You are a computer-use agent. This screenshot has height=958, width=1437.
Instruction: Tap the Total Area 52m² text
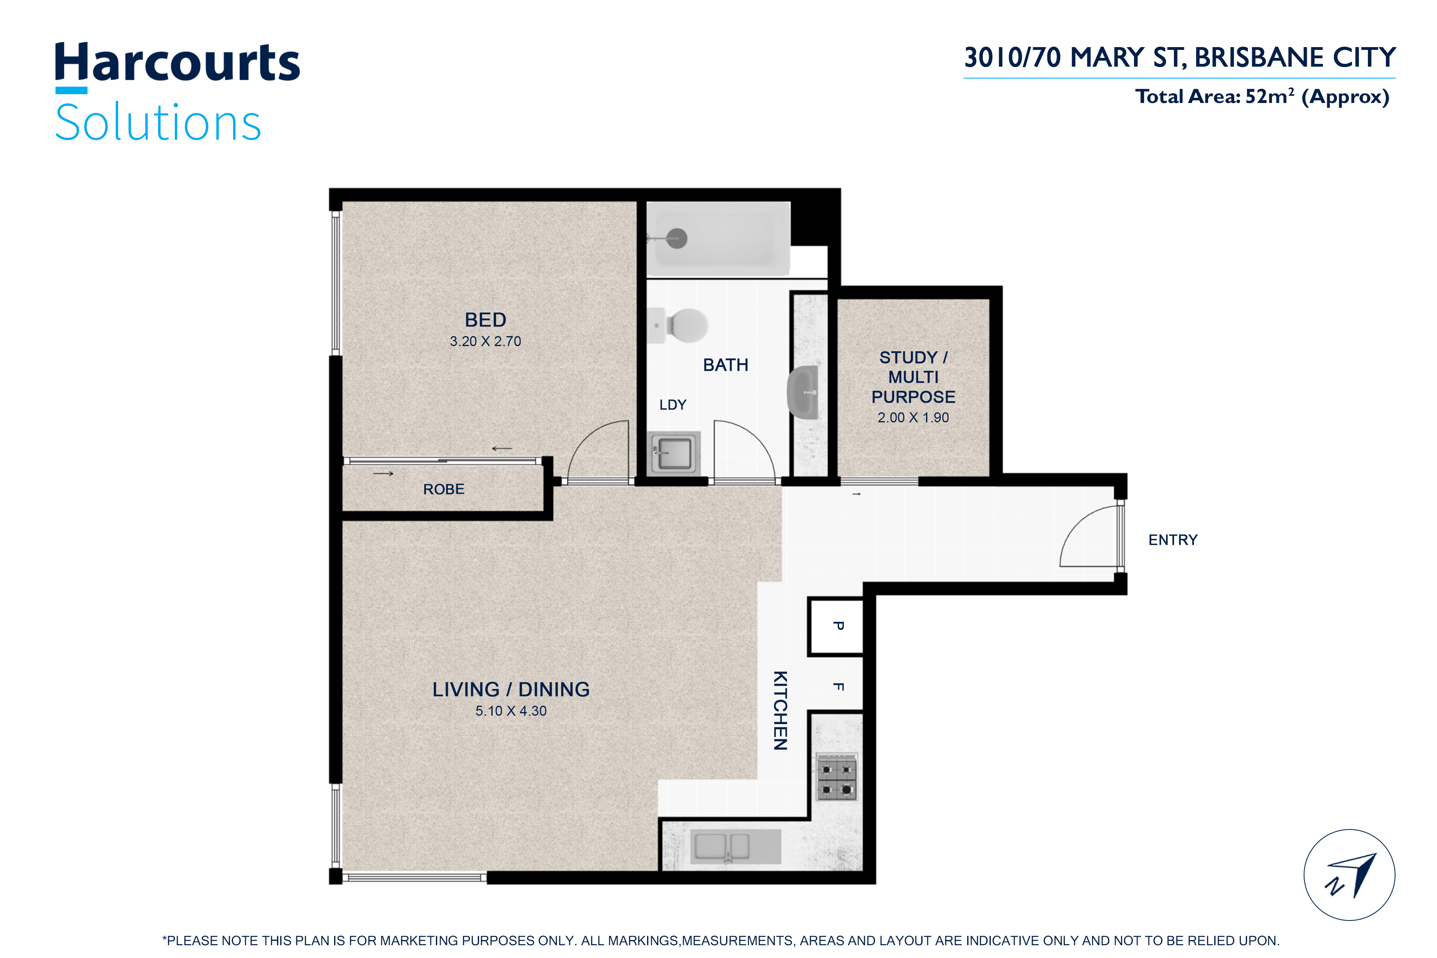(1262, 97)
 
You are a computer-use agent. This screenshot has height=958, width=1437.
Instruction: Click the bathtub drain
(677, 238)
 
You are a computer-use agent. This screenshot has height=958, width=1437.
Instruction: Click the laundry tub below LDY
(674, 453)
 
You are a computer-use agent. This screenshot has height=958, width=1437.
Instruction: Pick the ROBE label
(443, 489)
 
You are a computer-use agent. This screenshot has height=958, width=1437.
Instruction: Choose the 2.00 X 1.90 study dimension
(913, 418)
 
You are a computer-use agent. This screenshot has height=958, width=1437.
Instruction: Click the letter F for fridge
(839, 687)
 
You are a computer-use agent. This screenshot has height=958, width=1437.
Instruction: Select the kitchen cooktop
(836, 776)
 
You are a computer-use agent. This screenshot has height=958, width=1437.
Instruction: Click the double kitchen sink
(736, 846)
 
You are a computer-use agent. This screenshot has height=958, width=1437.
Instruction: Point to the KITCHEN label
(780, 711)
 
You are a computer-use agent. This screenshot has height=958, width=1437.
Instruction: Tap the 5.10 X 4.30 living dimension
(511, 711)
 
